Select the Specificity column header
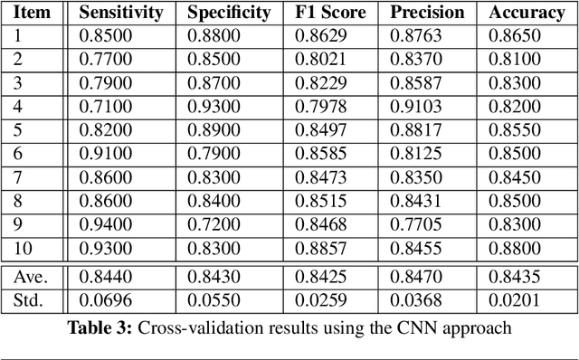229,13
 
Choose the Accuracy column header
526,13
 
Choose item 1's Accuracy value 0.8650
513,36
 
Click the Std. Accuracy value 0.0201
513,300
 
